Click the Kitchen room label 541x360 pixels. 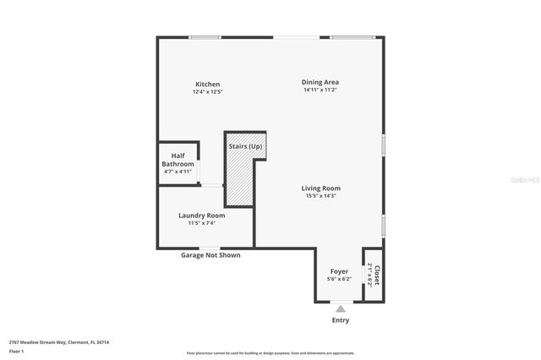pos(207,84)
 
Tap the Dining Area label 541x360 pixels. pos(320,82)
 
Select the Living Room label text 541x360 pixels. pos(321,188)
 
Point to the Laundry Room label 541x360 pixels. pos(201,215)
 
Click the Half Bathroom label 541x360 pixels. pos(178,159)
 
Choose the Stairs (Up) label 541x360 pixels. pos(245,147)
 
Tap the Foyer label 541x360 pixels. pos(339,271)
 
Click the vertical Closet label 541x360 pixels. pos(377,275)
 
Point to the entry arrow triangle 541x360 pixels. pos(340,308)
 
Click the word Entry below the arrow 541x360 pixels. pos(340,320)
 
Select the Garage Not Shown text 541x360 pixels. pos(210,254)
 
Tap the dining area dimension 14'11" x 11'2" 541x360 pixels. pos(320,90)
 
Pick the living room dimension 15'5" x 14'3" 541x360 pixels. pos(321,195)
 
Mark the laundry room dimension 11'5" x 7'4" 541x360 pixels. pos(201,223)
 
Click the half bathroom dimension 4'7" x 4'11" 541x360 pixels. pos(178,171)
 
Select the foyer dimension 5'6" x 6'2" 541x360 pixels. pos(339,279)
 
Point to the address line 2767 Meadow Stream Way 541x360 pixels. pos(59,342)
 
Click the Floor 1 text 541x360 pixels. pos(17,351)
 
